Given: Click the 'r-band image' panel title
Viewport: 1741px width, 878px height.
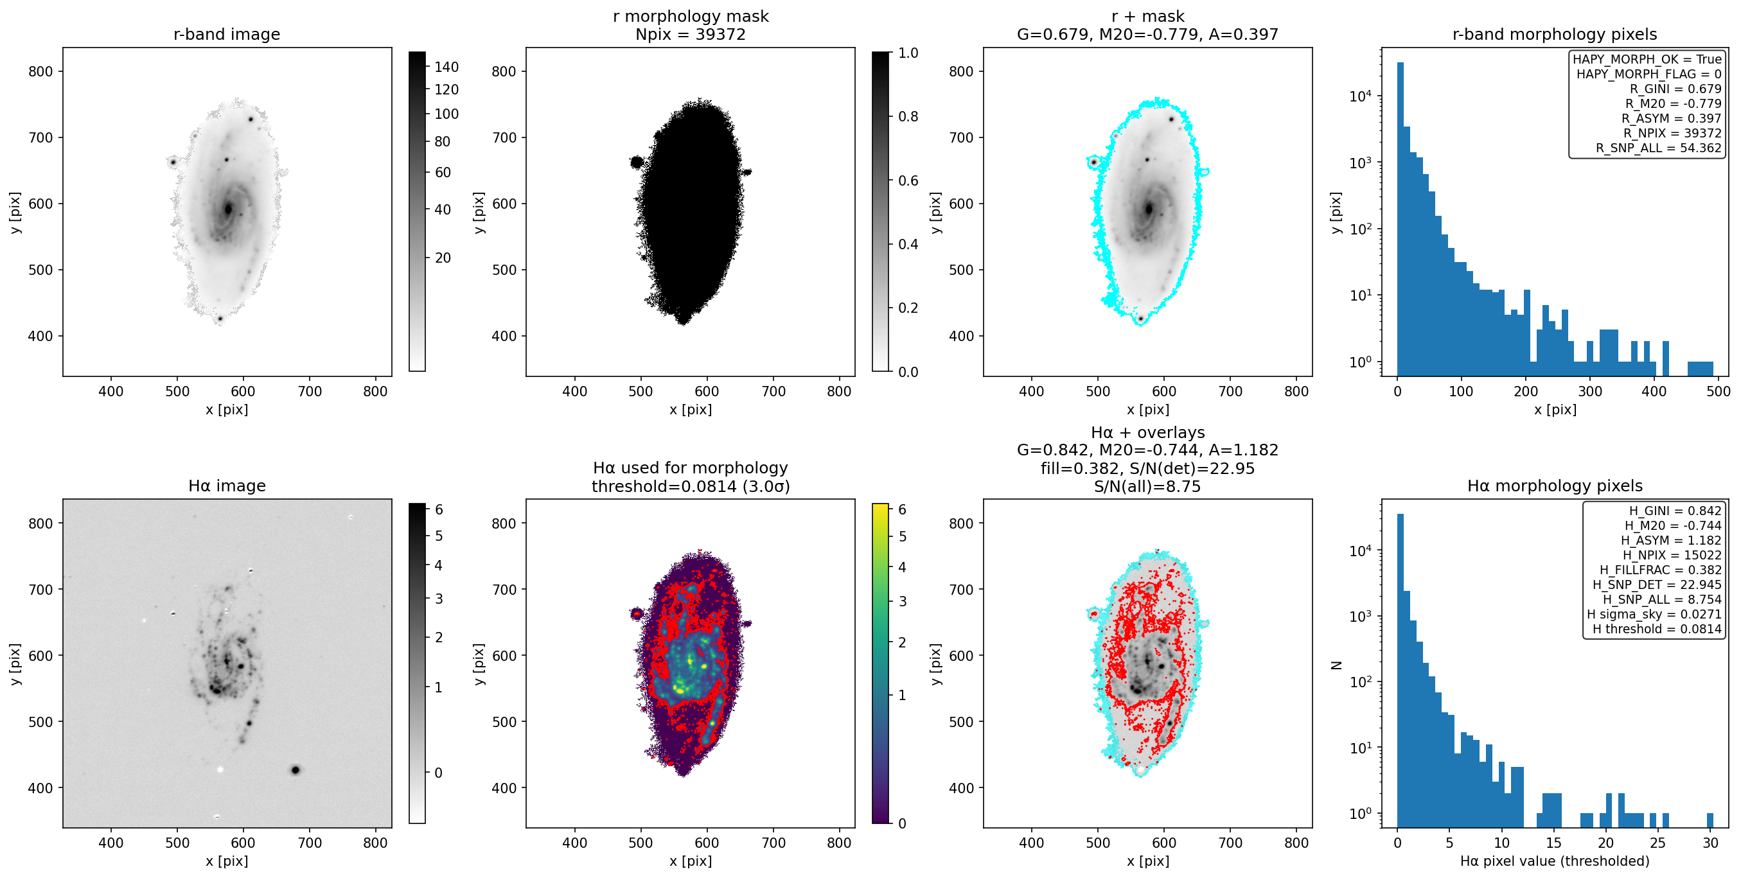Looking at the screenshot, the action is tap(226, 35).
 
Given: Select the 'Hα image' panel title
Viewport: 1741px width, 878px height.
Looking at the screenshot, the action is tap(226, 486).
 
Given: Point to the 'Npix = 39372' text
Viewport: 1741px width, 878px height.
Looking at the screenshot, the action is tap(690, 35).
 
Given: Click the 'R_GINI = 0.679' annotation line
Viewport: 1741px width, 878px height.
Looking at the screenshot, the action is tap(1675, 89).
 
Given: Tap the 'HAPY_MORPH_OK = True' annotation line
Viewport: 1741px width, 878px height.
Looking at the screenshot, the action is tap(1647, 60).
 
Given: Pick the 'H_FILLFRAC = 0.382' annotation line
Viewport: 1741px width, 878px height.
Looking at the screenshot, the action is tap(1660, 570).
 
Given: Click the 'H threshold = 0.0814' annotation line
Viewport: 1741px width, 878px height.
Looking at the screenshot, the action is tap(1656, 629).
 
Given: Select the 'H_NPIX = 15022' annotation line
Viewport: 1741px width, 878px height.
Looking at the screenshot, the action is tap(1672, 556).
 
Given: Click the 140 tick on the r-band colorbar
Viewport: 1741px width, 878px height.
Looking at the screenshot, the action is tap(446, 67).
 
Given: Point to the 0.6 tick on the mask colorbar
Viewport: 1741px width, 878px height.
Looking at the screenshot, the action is tap(908, 180).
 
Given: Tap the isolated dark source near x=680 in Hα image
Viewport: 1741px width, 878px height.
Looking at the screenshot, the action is tap(296, 770).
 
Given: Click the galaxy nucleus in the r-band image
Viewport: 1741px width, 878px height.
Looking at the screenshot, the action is tap(229, 209).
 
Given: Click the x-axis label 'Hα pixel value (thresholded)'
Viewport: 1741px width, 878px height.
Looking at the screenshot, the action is tap(1555, 861).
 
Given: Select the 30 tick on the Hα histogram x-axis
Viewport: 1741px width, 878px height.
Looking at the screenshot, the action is tap(1710, 843).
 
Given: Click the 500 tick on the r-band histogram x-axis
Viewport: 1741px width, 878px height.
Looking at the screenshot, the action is tap(1718, 391).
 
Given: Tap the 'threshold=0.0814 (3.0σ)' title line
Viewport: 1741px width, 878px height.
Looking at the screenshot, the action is tap(690, 487).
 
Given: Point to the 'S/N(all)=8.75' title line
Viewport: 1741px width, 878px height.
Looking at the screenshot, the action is tap(1147, 487).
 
